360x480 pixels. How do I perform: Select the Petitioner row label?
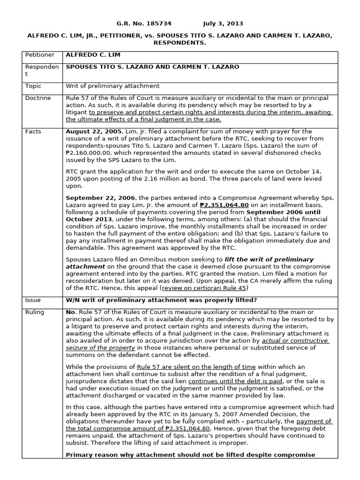[40, 55]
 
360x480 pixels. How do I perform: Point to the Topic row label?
[33, 86]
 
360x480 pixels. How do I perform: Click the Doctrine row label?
[38, 98]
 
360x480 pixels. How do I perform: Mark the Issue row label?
[33, 300]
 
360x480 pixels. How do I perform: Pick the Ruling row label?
[35, 312]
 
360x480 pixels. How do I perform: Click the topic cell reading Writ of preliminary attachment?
[112, 86]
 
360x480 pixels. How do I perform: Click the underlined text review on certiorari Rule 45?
[205, 288]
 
